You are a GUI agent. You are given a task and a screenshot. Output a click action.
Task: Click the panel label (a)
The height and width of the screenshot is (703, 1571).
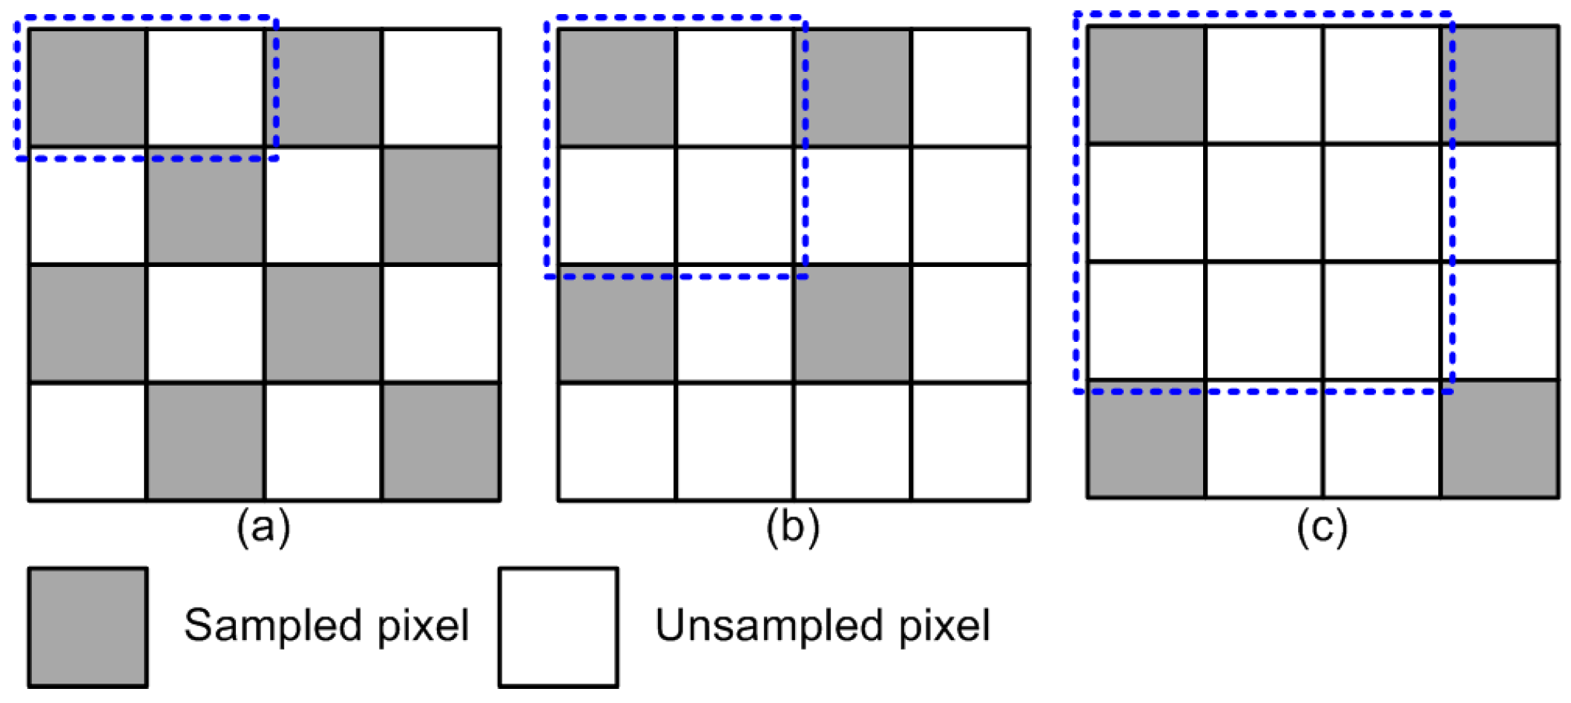(263, 529)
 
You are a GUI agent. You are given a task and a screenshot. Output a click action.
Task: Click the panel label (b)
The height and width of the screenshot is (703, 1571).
(793, 529)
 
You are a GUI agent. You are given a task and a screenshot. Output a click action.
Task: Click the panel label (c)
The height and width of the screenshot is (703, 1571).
(1322, 529)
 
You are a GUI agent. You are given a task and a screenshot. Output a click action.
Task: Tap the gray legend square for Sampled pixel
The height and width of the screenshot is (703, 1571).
(88, 627)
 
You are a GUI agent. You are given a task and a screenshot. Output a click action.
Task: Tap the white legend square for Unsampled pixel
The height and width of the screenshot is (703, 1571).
(559, 627)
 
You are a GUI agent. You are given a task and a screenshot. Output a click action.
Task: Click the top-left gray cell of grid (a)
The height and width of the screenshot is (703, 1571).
(88, 88)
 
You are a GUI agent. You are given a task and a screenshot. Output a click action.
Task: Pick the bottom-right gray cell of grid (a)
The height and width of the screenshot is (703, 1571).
(441, 441)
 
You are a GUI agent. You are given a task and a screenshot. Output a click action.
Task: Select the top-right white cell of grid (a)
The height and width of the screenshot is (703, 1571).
(441, 88)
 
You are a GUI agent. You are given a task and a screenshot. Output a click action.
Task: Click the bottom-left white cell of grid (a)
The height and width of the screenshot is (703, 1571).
(88, 441)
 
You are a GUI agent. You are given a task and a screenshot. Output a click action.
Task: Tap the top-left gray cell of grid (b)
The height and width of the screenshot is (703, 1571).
(617, 88)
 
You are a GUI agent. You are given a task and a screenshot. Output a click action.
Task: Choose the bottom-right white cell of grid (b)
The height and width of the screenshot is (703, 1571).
(970, 441)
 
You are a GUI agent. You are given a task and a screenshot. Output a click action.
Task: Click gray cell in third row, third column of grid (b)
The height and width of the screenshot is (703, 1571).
(852, 323)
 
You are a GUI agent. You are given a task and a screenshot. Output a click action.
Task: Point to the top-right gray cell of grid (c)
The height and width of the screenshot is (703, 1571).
(1500, 85)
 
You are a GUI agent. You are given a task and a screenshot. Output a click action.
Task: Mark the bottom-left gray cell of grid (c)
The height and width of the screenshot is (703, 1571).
(1146, 438)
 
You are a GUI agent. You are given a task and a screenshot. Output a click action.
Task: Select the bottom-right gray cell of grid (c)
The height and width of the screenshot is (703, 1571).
(1500, 438)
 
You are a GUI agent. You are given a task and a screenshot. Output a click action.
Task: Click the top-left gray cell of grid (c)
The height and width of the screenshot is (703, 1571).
(1146, 85)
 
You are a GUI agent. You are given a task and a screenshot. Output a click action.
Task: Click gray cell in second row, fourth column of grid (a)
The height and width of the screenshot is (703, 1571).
(441, 205)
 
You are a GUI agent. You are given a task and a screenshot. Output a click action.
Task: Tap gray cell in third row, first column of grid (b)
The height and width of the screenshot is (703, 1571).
(617, 323)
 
